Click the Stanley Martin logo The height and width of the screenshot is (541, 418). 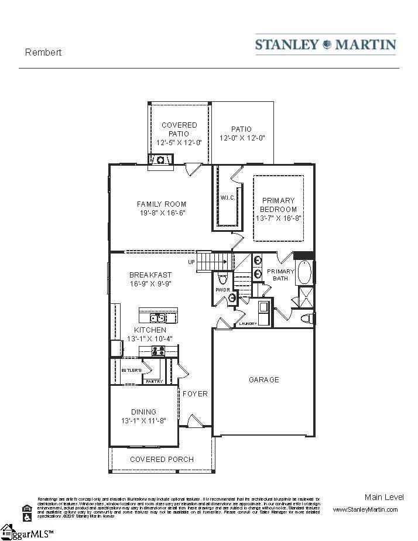pyautogui.click(x=326, y=44)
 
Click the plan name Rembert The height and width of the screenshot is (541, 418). pyautogui.click(x=43, y=52)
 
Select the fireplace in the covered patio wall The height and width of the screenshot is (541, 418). pyautogui.click(x=160, y=159)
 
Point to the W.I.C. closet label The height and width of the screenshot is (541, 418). pyautogui.click(x=228, y=198)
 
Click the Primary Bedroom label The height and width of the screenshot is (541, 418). pyautogui.click(x=278, y=205)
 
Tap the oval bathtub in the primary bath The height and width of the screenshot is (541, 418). pyautogui.click(x=305, y=272)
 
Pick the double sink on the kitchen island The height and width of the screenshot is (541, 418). pyautogui.click(x=157, y=318)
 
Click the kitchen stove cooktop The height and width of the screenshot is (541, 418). pyautogui.click(x=158, y=351)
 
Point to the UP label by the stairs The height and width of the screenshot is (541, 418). pyautogui.click(x=191, y=262)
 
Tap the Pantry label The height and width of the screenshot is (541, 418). pyautogui.click(x=154, y=381)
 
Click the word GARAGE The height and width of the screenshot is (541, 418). pyautogui.click(x=263, y=379)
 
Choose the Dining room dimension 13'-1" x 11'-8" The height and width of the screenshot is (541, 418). pyautogui.click(x=143, y=421)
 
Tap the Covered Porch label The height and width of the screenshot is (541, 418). pyautogui.click(x=162, y=459)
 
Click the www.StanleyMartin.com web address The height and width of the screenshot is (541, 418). pyautogui.click(x=365, y=509)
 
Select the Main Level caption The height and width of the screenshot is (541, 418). pyautogui.click(x=383, y=497)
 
